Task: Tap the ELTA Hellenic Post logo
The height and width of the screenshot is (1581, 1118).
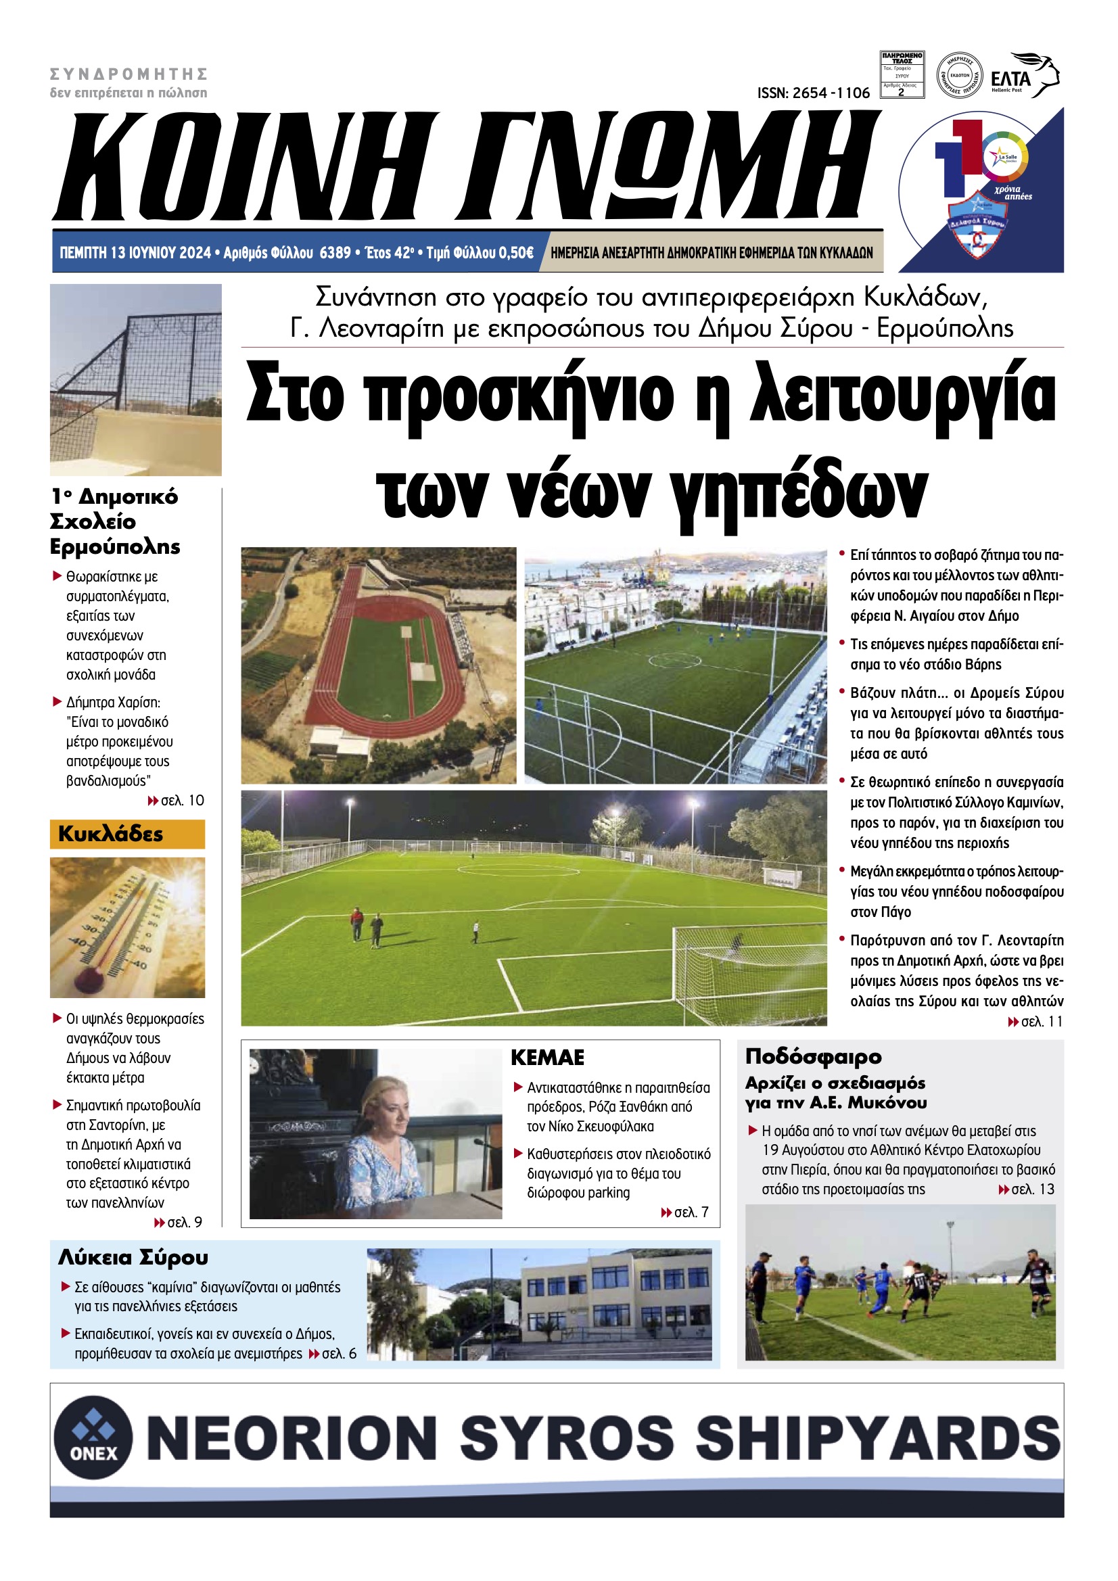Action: (1023, 76)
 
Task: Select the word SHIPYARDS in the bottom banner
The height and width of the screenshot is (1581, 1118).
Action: (877, 1438)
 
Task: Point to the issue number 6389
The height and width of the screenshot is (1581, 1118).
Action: (335, 253)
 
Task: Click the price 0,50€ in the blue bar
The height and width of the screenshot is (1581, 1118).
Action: (516, 253)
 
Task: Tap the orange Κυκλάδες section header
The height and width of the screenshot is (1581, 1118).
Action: (127, 834)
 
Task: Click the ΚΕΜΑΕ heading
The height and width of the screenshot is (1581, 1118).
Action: (547, 1057)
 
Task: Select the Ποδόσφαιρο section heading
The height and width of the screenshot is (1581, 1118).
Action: (813, 1056)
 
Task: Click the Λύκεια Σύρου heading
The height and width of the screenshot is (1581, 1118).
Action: (133, 1257)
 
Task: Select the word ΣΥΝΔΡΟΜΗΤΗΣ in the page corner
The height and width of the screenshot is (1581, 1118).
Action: (129, 74)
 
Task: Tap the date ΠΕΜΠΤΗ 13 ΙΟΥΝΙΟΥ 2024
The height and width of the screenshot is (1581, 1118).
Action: (135, 253)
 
